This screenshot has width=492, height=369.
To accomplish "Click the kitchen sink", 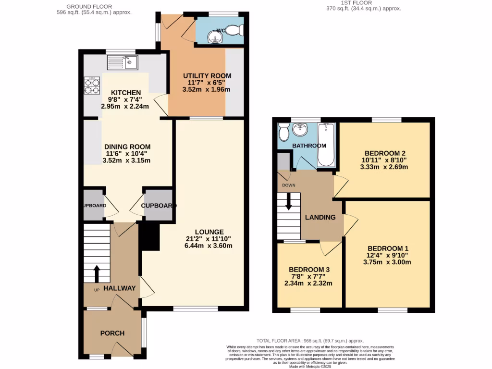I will [123, 62].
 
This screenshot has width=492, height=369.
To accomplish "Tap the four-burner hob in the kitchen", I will [92, 86].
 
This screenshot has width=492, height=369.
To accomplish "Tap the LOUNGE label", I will [209, 232].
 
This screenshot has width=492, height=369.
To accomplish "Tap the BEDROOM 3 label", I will [309, 270].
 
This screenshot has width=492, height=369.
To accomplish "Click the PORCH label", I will [112, 333].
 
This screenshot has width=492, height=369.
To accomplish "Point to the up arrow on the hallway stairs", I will [97, 274].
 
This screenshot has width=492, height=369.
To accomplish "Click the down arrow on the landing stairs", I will [289, 201].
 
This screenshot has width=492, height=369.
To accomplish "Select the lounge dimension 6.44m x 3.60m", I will [209, 246].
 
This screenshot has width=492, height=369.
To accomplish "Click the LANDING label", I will [320, 217].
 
